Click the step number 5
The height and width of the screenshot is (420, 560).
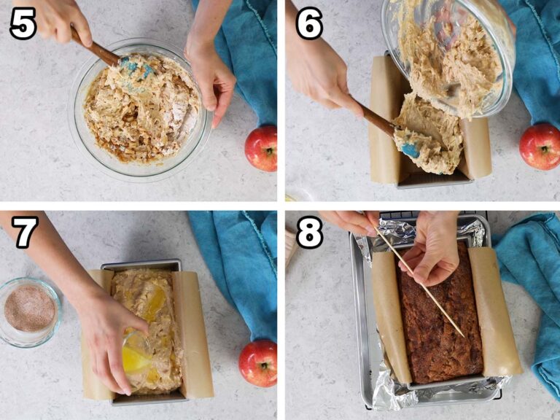pos(23,24)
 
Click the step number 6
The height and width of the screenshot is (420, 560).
pos(308,24)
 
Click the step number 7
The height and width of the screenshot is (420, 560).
pos(24,233)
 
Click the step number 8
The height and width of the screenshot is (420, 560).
pos(309,233)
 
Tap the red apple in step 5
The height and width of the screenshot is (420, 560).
pos(260,148)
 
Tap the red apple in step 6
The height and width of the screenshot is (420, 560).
pos(540,146)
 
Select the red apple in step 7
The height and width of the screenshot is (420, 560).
pos(258,362)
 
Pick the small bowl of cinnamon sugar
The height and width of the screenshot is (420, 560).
pos(29,309)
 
